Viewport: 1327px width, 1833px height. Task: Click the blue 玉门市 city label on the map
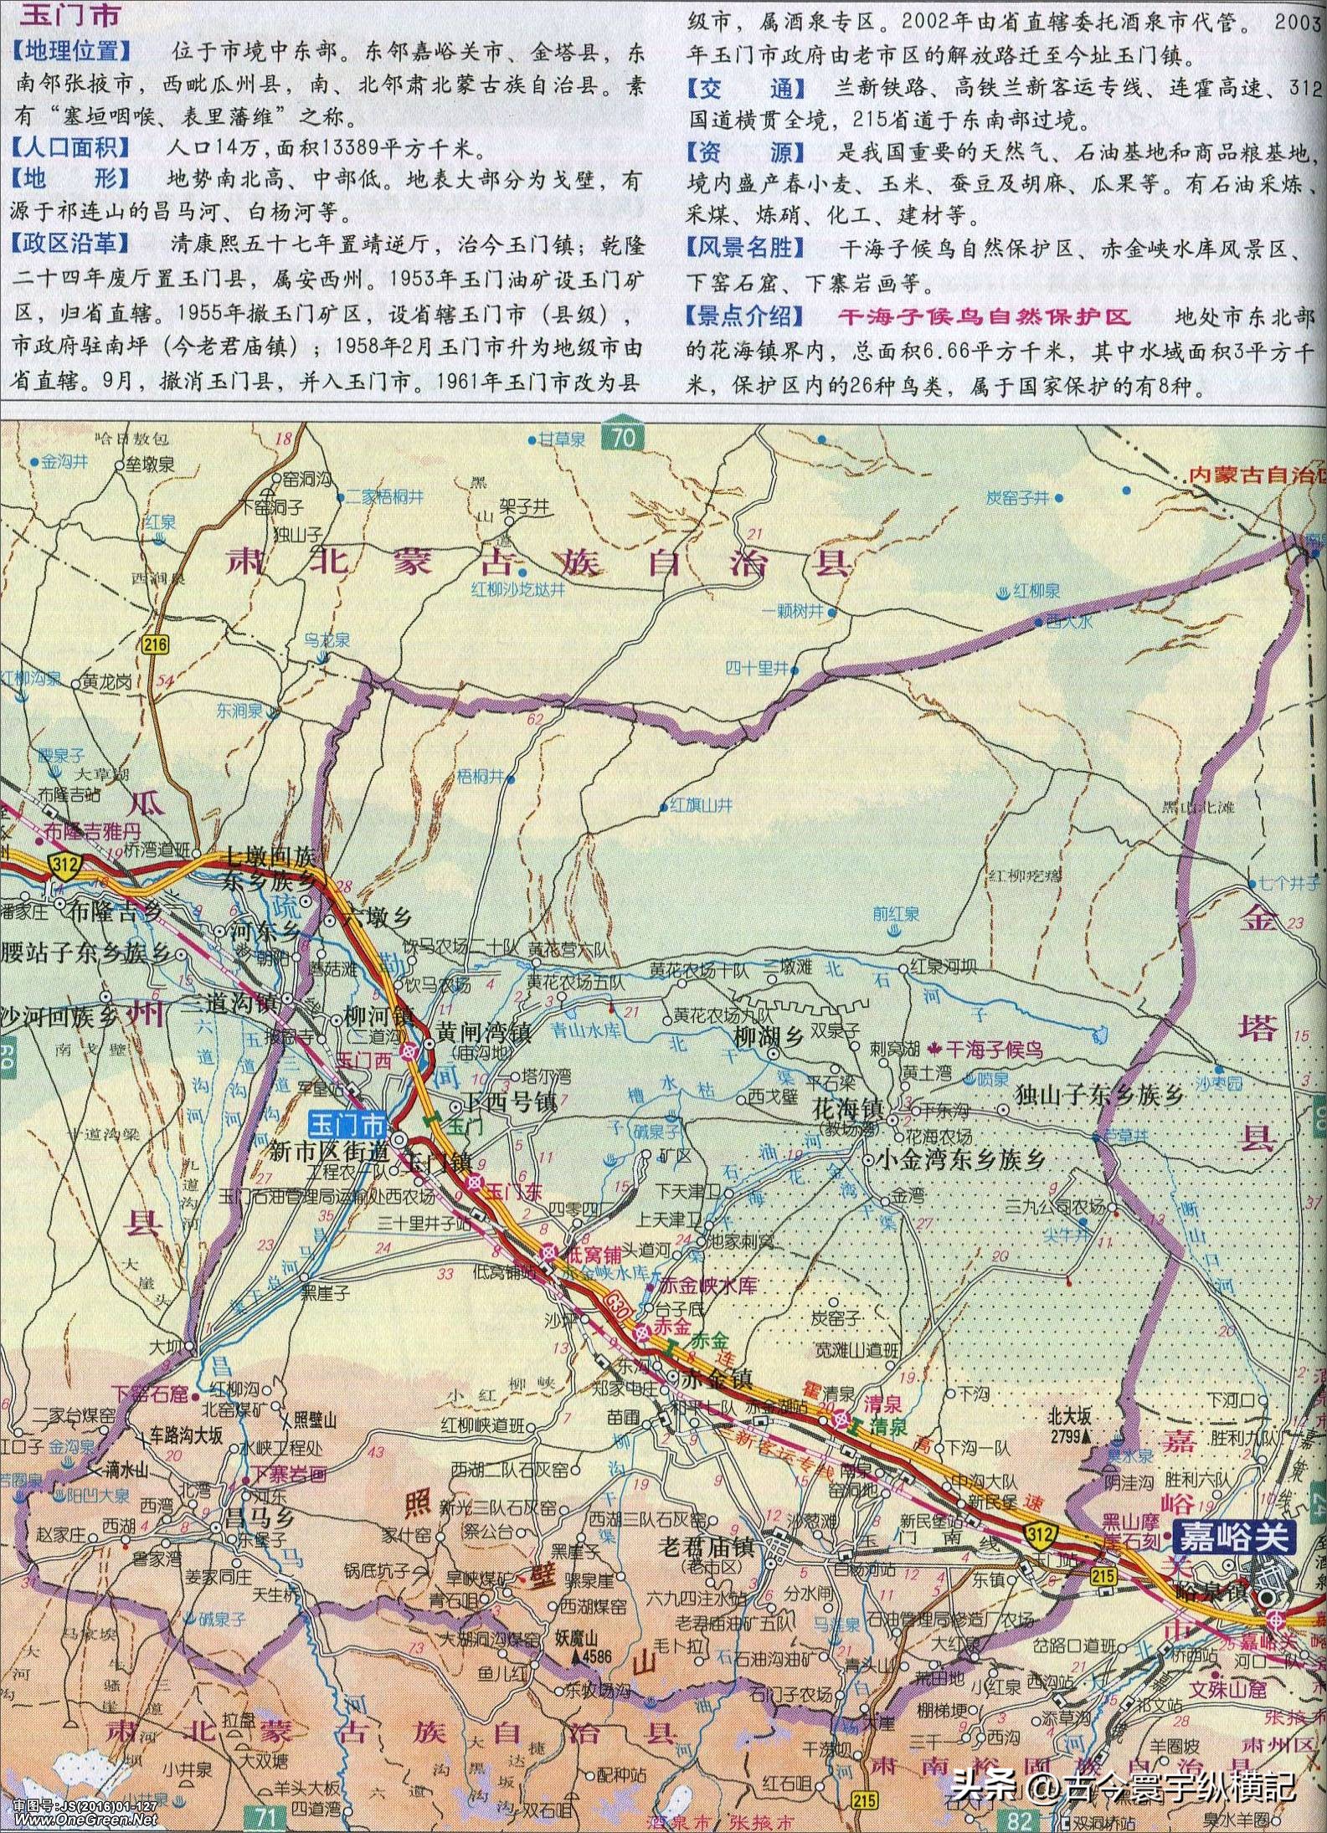tap(349, 1121)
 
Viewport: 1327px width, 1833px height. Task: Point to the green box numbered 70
tap(622, 437)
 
